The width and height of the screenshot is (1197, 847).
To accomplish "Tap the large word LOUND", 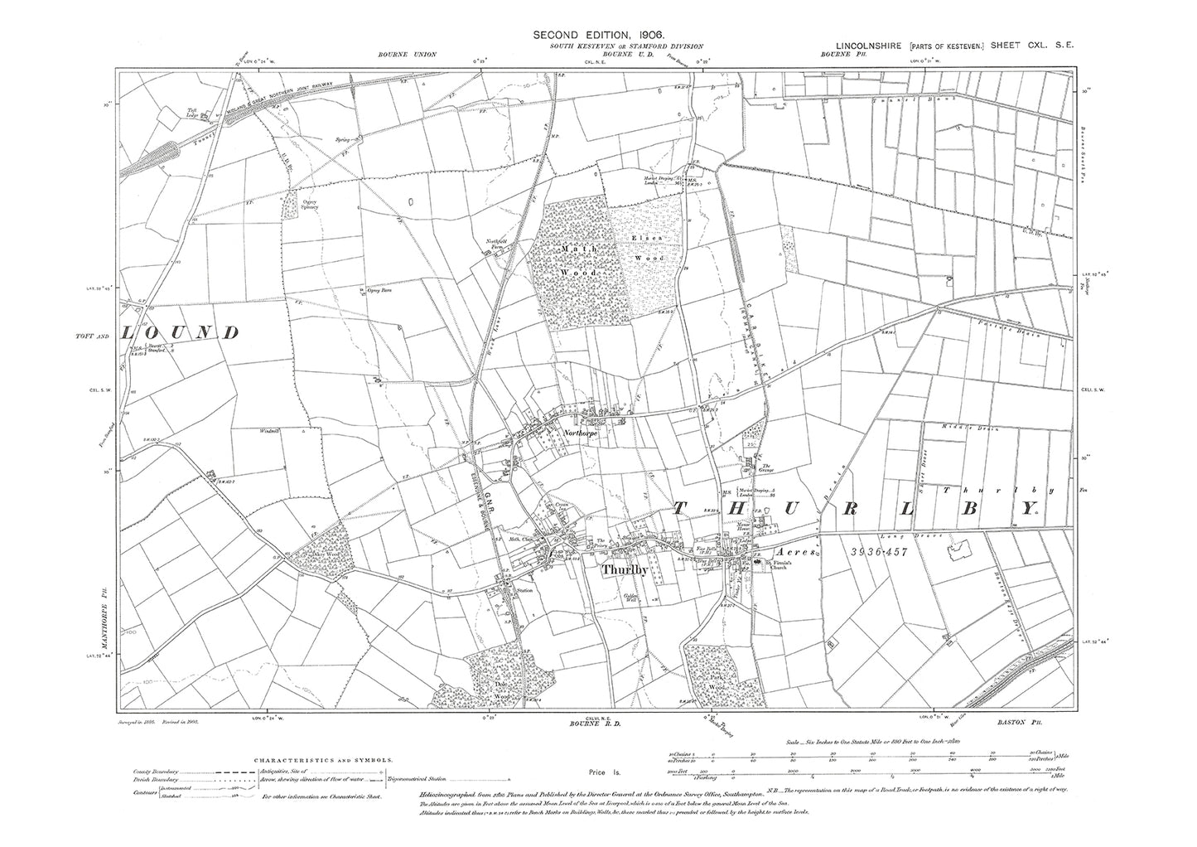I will click(181, 333).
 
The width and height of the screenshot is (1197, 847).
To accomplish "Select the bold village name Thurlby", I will click(627, 571).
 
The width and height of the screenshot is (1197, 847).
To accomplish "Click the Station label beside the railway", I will click(524, 591).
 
